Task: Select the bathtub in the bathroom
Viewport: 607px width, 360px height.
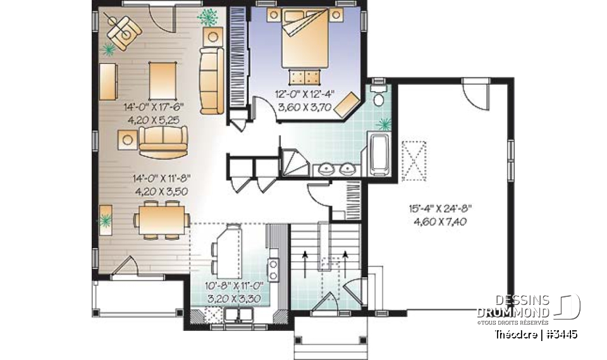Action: click(x=380, y=154)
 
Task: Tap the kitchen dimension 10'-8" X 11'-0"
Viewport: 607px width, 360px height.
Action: click(x=234, y=285)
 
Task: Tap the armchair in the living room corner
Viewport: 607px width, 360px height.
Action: click(x=123, y=30)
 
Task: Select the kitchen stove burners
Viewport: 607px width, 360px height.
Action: click(x=274, y=269)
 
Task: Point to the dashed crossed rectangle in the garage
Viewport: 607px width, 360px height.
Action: click(x=414, y=161)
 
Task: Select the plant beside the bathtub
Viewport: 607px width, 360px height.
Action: click(x=383, y=123)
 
